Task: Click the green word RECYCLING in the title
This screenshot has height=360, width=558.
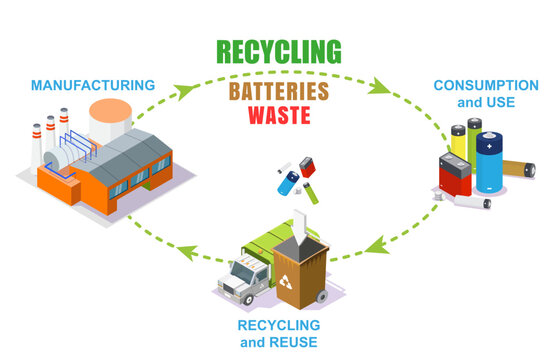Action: click(x=279, y=51)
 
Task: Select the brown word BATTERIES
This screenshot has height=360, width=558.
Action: click(x=279, y=90)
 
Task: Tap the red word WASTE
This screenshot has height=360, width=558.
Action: click(x=279, y=117)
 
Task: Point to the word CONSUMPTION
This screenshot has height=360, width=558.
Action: click(x=485, y=85)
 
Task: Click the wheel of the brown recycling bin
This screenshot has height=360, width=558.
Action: click(x=321, y=299)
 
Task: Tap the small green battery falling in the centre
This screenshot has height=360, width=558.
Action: click(x=314, y=186)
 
